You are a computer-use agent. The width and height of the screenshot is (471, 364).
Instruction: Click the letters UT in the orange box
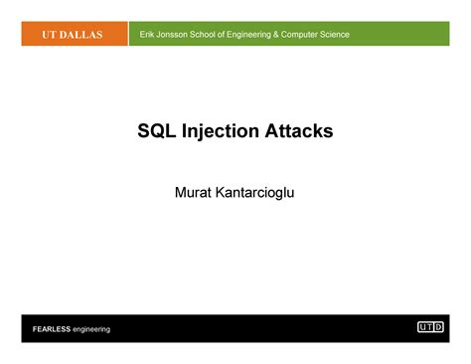point(49,35)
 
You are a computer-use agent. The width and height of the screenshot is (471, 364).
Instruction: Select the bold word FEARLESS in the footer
point(51,329)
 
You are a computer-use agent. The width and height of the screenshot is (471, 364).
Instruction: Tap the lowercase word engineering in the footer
point(90,329)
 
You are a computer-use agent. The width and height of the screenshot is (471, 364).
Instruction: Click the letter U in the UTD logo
point(422,327)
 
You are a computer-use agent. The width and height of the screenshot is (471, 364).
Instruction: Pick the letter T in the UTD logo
point(430,327)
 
